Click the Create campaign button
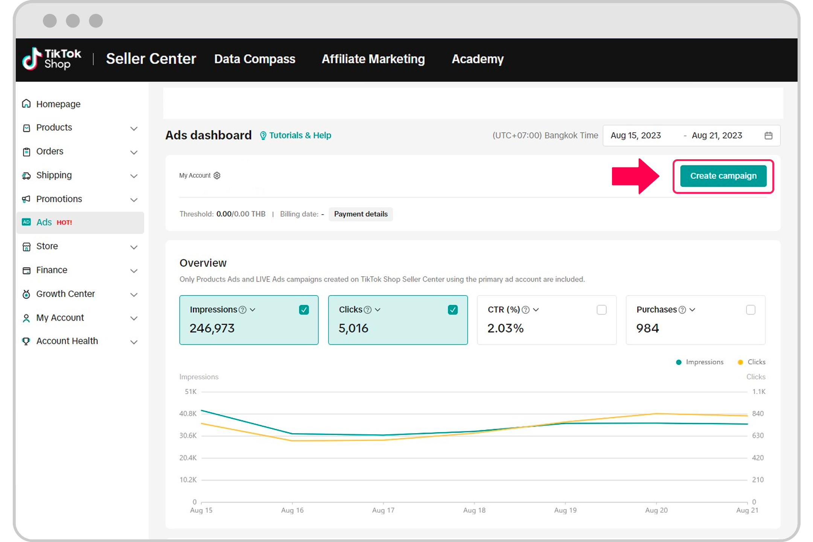(723, 176)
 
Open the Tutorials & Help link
(300, 135)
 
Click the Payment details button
(361, 214)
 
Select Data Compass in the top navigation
(255, 59)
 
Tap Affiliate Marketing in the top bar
(373, 59)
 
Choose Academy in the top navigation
(477, 59)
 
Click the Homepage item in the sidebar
(58, 104)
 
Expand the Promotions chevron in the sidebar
(134, 199)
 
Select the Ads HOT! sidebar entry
(54, 222)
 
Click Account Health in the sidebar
(67, 341)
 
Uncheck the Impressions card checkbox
(304, 310)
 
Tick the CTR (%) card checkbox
(601, 310)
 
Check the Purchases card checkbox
(751, 310)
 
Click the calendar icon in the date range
(769, 135)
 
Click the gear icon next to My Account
(217, 175)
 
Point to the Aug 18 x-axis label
(474, 510)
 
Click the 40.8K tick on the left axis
(188, 414)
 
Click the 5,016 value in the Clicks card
(353, 328)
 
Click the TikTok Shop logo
(52, 59)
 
